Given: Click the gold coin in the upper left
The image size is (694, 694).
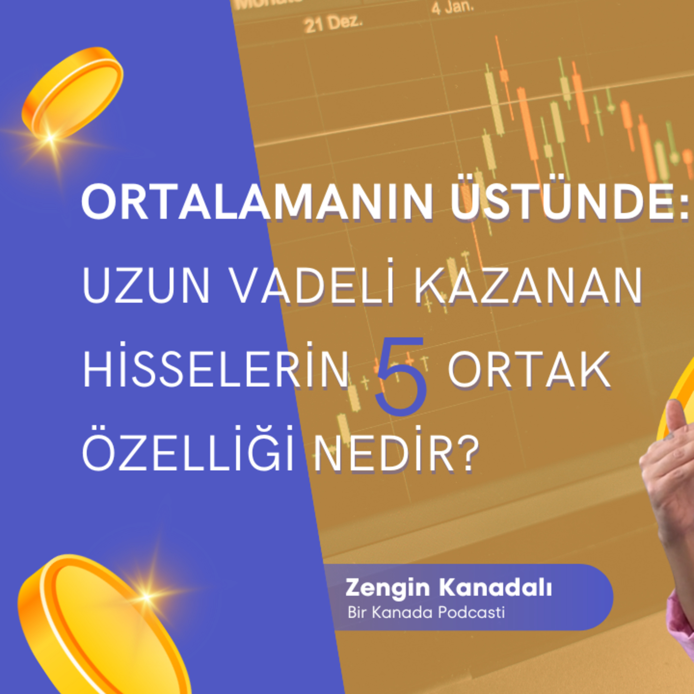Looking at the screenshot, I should coord(72,93).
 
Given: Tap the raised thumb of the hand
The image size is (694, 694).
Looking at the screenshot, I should coord(675,417).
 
